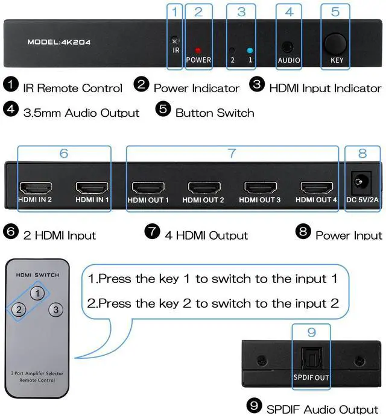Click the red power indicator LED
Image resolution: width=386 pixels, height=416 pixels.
tap(198, 50)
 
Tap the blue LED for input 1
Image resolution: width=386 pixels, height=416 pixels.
tap(250, 51)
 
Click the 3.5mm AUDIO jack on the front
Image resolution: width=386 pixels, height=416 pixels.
tap(288, 47)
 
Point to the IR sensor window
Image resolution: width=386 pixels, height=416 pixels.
tap(175, 40)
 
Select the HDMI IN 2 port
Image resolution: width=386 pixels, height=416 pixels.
tap(34, 187)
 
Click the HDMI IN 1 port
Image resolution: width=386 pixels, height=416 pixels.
tap(92, 187)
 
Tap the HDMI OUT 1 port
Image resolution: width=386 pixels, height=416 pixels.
tap(148, 187)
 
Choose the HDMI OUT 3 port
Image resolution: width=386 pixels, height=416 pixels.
tap(260, 187)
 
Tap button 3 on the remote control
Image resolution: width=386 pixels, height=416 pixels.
tap(55, 310)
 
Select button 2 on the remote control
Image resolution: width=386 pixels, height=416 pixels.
tap(19, 310)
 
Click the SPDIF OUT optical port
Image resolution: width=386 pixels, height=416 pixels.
tap(311, 361)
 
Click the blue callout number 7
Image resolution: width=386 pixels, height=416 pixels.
tap(232, 153)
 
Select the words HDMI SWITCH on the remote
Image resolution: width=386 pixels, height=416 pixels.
tap(37, 275)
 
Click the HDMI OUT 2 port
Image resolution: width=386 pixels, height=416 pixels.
tap(203, 187)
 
